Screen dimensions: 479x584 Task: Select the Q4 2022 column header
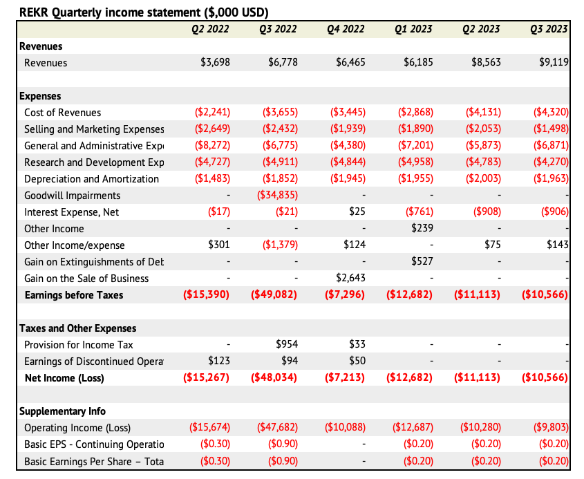click(x=346, y=29)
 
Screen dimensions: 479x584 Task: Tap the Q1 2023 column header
click(x=414, y=29)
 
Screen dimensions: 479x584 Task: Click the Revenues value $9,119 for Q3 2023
click(x=554, y=62)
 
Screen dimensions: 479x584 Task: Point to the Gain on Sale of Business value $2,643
click(x=350, y=279)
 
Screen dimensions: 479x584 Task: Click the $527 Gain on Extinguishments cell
click(x=422, y=262)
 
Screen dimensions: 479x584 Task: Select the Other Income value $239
click(x=422, y=229)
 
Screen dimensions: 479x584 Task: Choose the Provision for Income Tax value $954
click(x=287, y=345)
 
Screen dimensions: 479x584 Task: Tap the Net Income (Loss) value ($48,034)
click(x=274, y=378)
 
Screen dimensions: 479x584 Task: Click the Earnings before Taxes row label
click(x=74, y=295)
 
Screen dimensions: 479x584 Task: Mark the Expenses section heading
click(x=40, y=96)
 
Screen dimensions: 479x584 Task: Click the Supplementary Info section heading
click(x=62, y=411)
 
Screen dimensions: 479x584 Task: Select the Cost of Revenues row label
click(x=62, y=113)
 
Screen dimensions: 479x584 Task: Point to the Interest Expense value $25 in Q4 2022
click(x=357, y=212)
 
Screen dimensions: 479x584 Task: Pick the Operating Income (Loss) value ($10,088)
click(x=345, y=428)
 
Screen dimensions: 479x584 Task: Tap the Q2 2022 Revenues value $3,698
click(x=215, y=62)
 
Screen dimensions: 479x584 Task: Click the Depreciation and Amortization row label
click(x=91, y=179)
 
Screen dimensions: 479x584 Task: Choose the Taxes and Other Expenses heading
click(x=77, y=328)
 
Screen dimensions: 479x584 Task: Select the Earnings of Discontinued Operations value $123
click(x=219, y=361)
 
